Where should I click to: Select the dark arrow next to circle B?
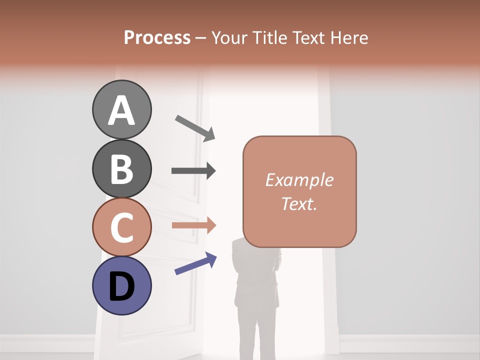[193, 171]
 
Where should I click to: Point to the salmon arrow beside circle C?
[193, 225]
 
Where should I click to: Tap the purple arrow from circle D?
[195, 263]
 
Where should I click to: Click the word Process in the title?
[157, 38]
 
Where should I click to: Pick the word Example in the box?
[299, 180]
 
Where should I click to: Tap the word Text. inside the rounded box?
[299, 203]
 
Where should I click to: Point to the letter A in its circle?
[121, 111]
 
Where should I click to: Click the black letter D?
[121, 287]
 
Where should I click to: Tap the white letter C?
[121, 228]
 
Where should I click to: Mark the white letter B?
[121, 169]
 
